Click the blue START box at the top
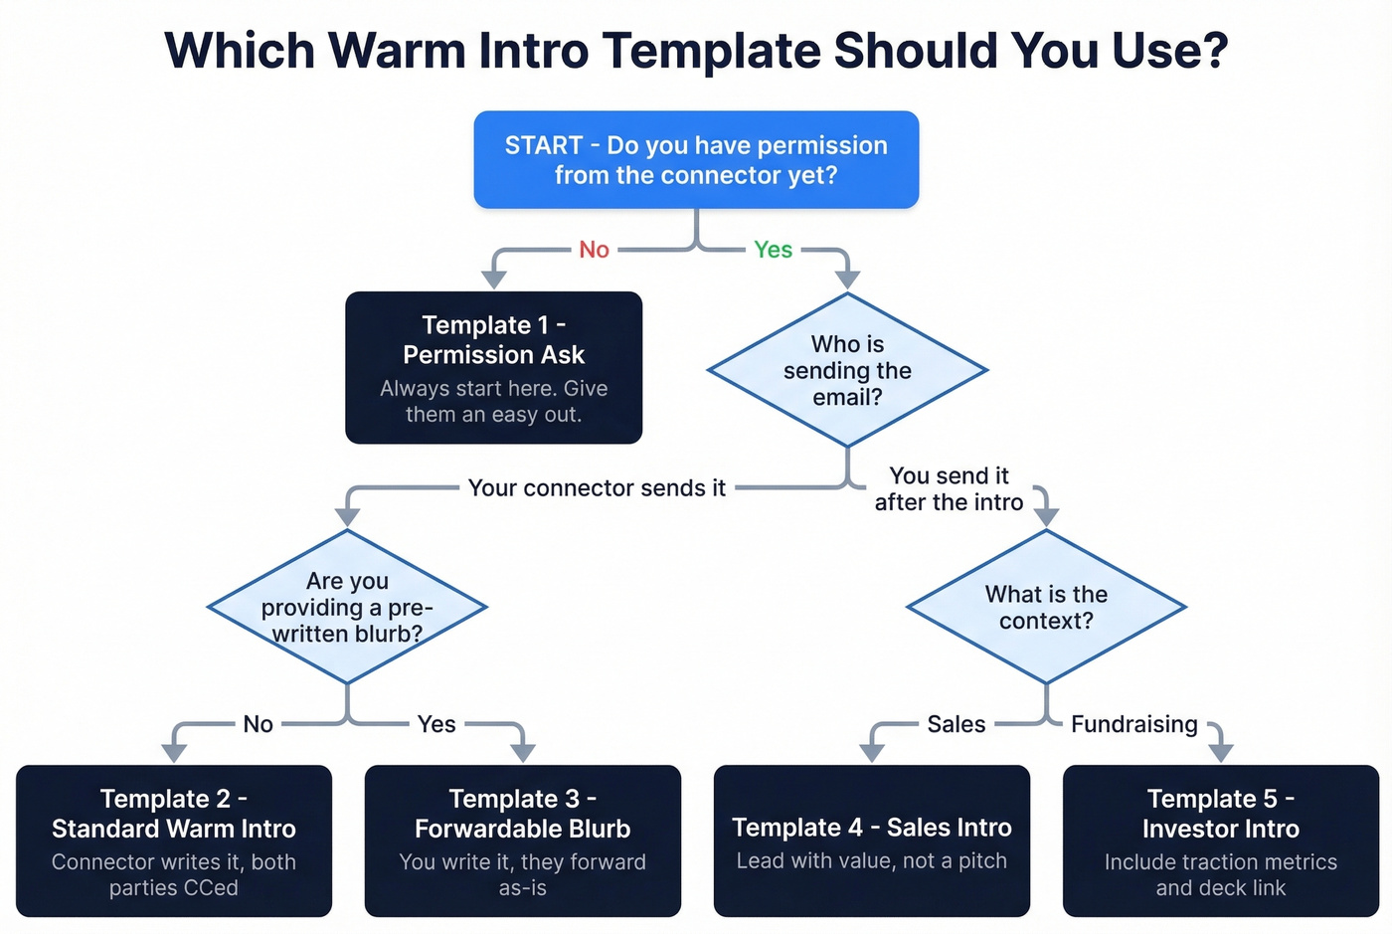[696, 159]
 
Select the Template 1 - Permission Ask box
[493, 367]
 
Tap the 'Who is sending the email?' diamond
[847, 370]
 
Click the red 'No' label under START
[594, 250]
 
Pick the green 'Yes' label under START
[773, 250]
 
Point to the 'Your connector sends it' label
[597, 487]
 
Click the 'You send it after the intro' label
[949, 488]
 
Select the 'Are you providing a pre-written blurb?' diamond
[347, 607]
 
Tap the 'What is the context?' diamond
[1046, 607]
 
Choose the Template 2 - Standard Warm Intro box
[174, 841]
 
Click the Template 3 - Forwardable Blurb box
[523, 841]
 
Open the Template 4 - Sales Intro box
[872, 841]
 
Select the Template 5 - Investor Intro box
[1221, 841]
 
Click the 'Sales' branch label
[956, 724]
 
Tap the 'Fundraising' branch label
[1133, 724]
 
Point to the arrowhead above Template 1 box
[494, 279]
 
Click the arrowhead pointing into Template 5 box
[1221, 752]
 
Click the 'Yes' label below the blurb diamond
[436, 724]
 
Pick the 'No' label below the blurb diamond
[258, 724]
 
